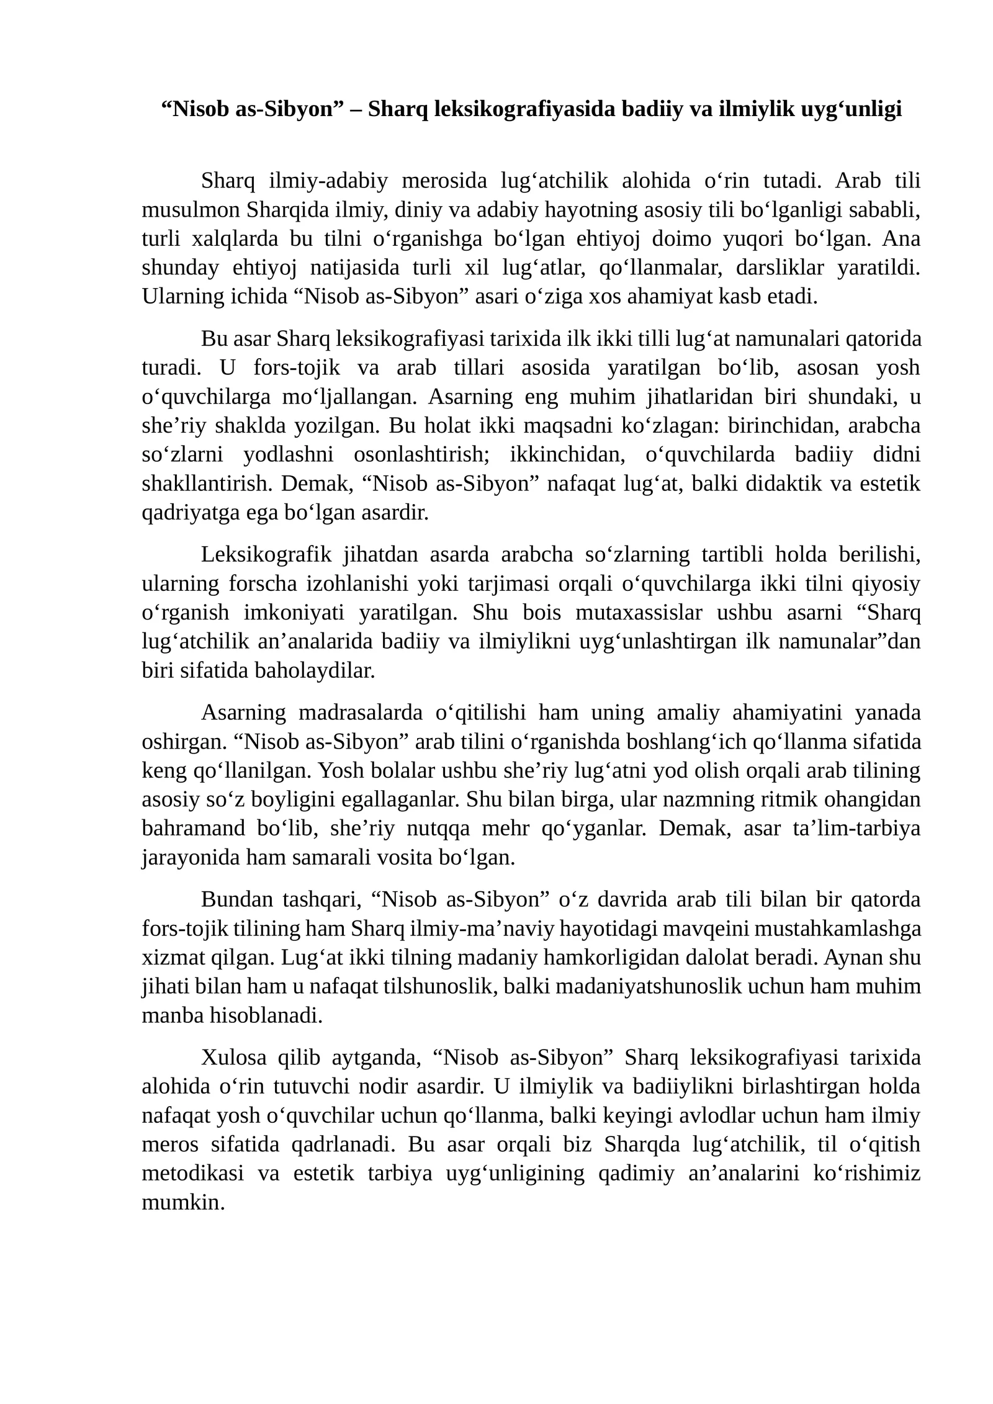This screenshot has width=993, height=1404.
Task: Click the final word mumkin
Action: click(x=182, y=1202)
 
